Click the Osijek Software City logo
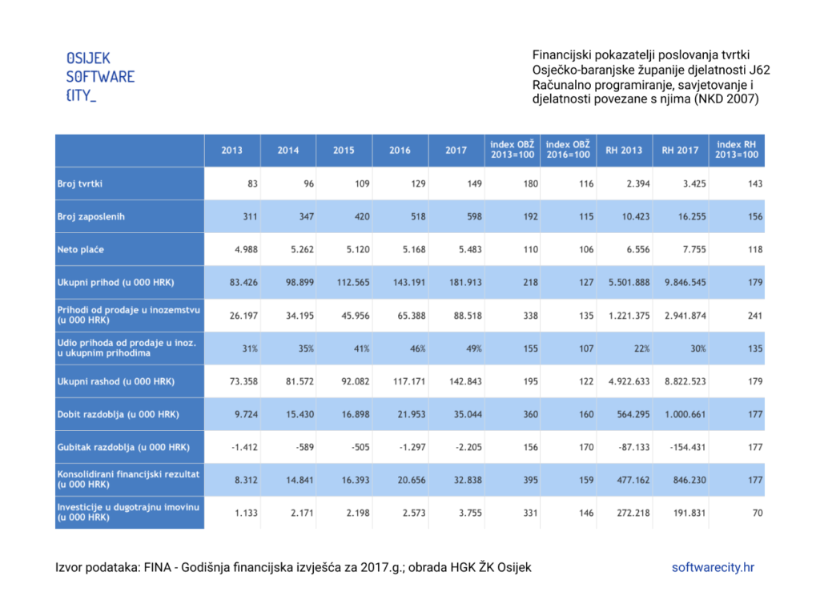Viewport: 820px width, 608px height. pos(100,77)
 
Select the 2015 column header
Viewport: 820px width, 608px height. pos(344,150)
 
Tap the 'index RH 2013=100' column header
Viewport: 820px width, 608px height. pos(737,150)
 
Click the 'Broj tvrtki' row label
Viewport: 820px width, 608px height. pos(79,183)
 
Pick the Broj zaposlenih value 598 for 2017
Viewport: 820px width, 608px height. pos(474,216)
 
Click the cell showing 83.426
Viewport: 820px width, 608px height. pos(243,283)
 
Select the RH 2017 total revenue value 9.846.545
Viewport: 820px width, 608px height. pos(685,283)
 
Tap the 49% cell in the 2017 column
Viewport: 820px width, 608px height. pos(474,348)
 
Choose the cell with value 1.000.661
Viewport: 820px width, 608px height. pos(685,414)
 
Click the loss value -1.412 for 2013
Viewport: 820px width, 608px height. pos(244,447)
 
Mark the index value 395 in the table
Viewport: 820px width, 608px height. pos(530,481)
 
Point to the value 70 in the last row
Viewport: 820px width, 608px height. pos(758,513)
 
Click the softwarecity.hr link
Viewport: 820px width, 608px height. pos(713,568)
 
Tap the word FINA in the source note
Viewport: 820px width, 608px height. pos(158,568)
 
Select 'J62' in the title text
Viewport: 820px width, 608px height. pos(759,70)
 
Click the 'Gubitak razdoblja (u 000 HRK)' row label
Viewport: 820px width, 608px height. pos(123,447)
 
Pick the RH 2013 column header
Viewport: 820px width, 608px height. pos(624,150)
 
